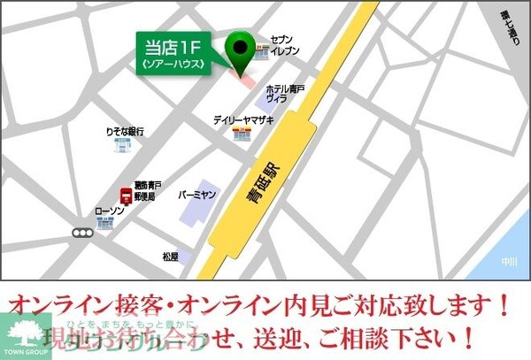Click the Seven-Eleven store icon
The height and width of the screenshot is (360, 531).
262,54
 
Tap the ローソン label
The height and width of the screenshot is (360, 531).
109,211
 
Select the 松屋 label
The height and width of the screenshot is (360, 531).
170,257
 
